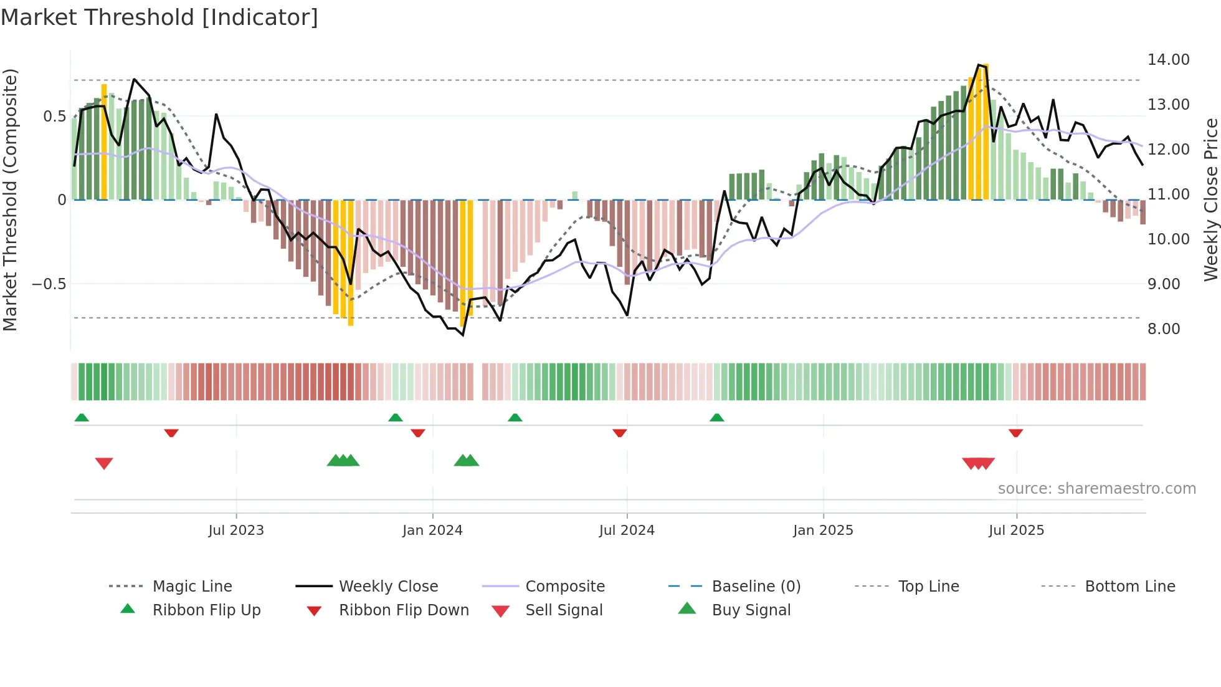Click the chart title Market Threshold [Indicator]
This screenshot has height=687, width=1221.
[159, 17]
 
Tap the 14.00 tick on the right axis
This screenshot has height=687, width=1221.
[1168, 60]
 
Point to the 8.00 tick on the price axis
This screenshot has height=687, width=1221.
[1163, 329]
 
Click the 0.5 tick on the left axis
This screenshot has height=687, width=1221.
[54, 117]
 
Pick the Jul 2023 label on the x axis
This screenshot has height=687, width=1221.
[236, 531]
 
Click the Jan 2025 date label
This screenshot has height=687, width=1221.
[823, 531]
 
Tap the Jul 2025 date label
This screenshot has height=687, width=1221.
[1016, 531]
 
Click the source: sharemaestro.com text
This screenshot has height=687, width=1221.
[1096, 489]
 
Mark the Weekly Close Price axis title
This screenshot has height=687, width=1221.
[1210, 199]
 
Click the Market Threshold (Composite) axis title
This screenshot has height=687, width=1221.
[10, 199]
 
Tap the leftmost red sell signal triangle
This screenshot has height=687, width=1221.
[104, 463]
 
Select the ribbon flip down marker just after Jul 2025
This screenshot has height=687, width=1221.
[1015, 433]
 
